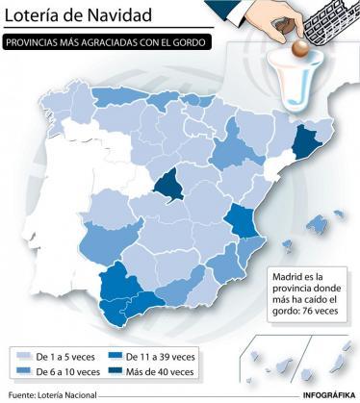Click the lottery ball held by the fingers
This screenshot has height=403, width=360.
(x=299, y=46)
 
